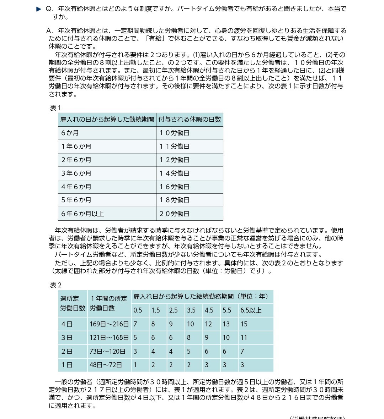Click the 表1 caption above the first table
55,108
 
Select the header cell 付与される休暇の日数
190,120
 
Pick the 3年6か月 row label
76,173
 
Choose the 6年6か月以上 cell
82,214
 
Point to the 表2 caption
56,285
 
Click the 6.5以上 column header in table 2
251,310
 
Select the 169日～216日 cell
109,324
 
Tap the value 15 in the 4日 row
244,324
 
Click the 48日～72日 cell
106,365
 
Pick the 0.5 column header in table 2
138,310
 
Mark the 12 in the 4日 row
208,324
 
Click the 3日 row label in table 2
67,337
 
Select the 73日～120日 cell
107,351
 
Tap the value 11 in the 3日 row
244,337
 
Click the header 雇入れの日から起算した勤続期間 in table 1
107,120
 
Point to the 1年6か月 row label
76,147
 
